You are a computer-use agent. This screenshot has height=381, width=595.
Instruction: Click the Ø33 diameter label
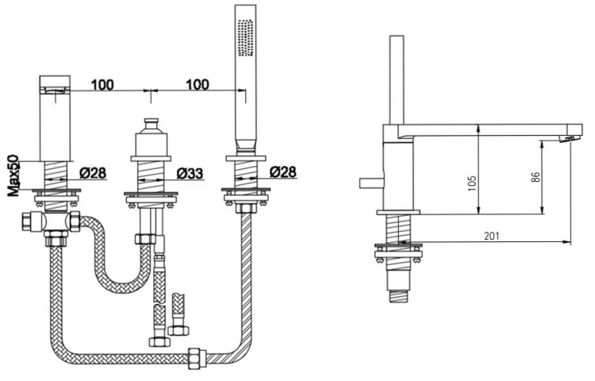coord(190,174)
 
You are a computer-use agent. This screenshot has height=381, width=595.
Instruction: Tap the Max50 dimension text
coord(14,175)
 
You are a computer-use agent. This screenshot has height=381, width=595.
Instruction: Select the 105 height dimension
coord(473,183)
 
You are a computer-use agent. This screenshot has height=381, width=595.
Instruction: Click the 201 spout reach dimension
coord(492,236)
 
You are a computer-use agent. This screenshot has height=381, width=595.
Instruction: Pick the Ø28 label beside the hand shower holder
coord(283,172)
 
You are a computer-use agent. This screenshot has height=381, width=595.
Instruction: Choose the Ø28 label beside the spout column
coord(94,173)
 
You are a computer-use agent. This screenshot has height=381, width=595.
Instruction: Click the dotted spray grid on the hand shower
coord(245,38)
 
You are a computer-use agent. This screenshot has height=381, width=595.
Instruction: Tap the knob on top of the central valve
coord(152,125)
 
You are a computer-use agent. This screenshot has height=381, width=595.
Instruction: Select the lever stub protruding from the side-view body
coord(371,183)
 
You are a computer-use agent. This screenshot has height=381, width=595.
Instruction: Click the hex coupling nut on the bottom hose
coord(198,357)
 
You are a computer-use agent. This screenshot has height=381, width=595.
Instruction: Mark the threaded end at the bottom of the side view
coord(398,296)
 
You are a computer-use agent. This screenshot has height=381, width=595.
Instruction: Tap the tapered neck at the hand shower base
coord(245,145)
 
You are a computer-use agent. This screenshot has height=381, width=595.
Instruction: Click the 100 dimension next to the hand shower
coord(198,84)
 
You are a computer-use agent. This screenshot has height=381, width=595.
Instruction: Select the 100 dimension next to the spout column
coord(102,85)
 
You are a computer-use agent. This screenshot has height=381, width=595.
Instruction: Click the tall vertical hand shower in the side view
coord(397,80)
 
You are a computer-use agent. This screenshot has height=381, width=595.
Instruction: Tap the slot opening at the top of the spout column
coord(56,90)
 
